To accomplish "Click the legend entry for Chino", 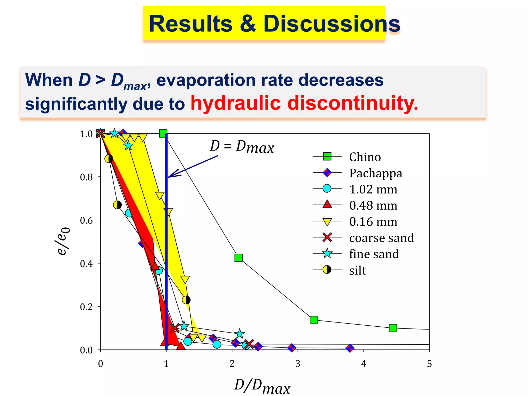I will [365, 157].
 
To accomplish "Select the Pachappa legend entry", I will [375, 173].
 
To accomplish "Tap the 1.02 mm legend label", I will [373, 189].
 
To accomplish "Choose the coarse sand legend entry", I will [381, 238].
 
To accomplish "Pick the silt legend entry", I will [358, 270].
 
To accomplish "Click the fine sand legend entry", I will [374, 254].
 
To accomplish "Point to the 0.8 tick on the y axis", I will [86, 177].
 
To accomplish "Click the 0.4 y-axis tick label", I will [86, 264].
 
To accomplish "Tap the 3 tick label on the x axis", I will [298, 364].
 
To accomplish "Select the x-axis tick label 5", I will [429, 364].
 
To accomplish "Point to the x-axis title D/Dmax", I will [262, 386].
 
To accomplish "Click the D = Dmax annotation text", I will [242, 147].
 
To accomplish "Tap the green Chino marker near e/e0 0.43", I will [239, 258].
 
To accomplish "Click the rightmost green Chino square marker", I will [393, 328].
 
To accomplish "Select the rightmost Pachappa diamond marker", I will [350, 348].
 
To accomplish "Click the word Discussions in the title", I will [332, 24].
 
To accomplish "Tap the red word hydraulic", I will [235, 103].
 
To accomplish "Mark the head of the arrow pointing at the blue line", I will [169, 177].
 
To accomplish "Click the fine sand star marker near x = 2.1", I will [240, 334].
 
